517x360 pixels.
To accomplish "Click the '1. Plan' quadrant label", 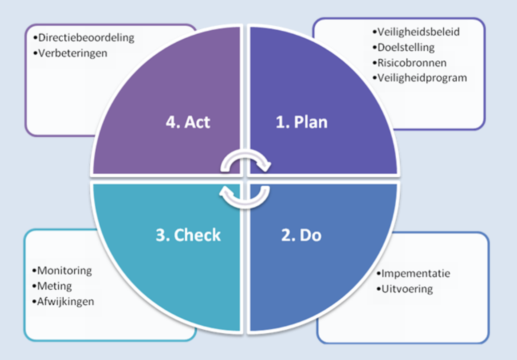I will (302, 122).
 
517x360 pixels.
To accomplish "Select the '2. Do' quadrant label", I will (301, 235).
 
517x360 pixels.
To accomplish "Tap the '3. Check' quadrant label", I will (188, 235).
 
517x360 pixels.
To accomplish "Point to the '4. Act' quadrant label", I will (188, 122).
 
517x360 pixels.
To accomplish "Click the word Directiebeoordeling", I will (86, 38).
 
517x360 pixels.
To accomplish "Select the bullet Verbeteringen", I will (72, 53).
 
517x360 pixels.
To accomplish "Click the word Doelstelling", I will (406, 48).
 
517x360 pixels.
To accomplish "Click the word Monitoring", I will (64, 271).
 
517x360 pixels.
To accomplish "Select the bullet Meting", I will (54, 286).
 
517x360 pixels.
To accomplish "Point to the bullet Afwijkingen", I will (65, 302).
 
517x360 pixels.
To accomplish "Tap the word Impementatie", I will (415, 274).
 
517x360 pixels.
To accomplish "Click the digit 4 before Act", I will (170, 122).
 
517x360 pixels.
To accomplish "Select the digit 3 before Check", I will (161, 235).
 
